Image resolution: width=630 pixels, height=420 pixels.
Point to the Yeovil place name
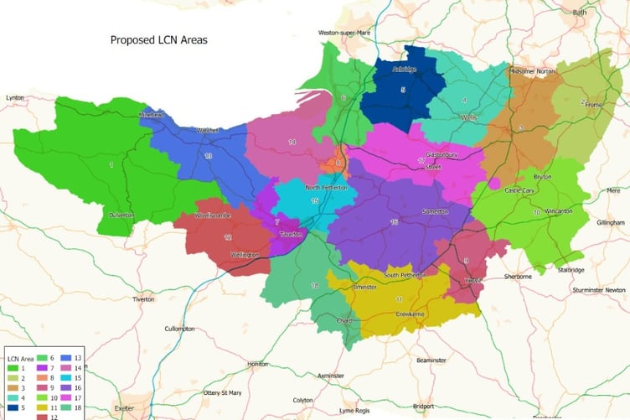473,281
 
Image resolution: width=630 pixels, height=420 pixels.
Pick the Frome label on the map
594,105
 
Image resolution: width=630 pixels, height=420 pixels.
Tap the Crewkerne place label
411,314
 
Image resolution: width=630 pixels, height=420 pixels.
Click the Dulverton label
121,215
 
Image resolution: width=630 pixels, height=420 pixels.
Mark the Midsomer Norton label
532,71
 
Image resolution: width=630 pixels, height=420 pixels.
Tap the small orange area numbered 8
338,163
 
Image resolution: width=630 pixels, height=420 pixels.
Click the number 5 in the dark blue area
403,90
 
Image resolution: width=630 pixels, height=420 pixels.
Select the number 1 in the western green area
111,165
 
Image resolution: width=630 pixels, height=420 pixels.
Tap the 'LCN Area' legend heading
21,359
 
